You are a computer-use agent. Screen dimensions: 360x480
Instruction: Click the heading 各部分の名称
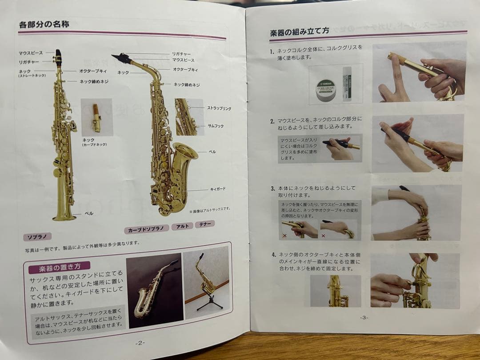44,24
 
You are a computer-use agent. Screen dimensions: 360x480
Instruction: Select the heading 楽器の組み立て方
300,32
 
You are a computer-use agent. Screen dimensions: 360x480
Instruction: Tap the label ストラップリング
219,108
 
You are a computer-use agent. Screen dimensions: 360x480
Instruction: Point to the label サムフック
216,126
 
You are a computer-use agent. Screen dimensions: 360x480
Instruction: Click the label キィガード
218,189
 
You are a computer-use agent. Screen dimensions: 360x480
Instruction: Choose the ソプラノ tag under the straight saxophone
40,236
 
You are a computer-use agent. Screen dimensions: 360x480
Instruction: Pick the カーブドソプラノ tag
146,230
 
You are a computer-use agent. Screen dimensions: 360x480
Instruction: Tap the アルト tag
182,226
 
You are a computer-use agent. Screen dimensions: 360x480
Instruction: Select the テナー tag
204,224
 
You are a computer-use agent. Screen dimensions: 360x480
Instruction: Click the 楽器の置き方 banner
59,268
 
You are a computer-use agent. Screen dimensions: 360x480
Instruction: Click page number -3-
364,317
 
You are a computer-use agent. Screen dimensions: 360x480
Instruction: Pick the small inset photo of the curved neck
96,117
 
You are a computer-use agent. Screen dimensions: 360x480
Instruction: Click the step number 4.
273,255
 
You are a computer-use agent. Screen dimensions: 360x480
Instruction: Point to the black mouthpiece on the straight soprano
58,58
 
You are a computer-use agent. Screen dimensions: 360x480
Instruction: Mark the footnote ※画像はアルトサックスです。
209,209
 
